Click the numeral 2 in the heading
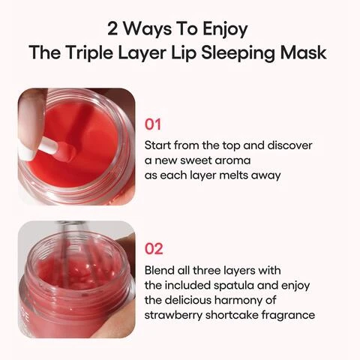(112, 28)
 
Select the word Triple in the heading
(89, 53)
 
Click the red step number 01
(153, 124)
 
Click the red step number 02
(154, 249)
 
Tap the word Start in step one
(157, 145)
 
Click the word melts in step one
(233, 175)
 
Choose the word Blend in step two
(159, 270)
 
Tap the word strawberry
(173, 316)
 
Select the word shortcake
(232, 315)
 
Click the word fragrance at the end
(288, 316)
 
